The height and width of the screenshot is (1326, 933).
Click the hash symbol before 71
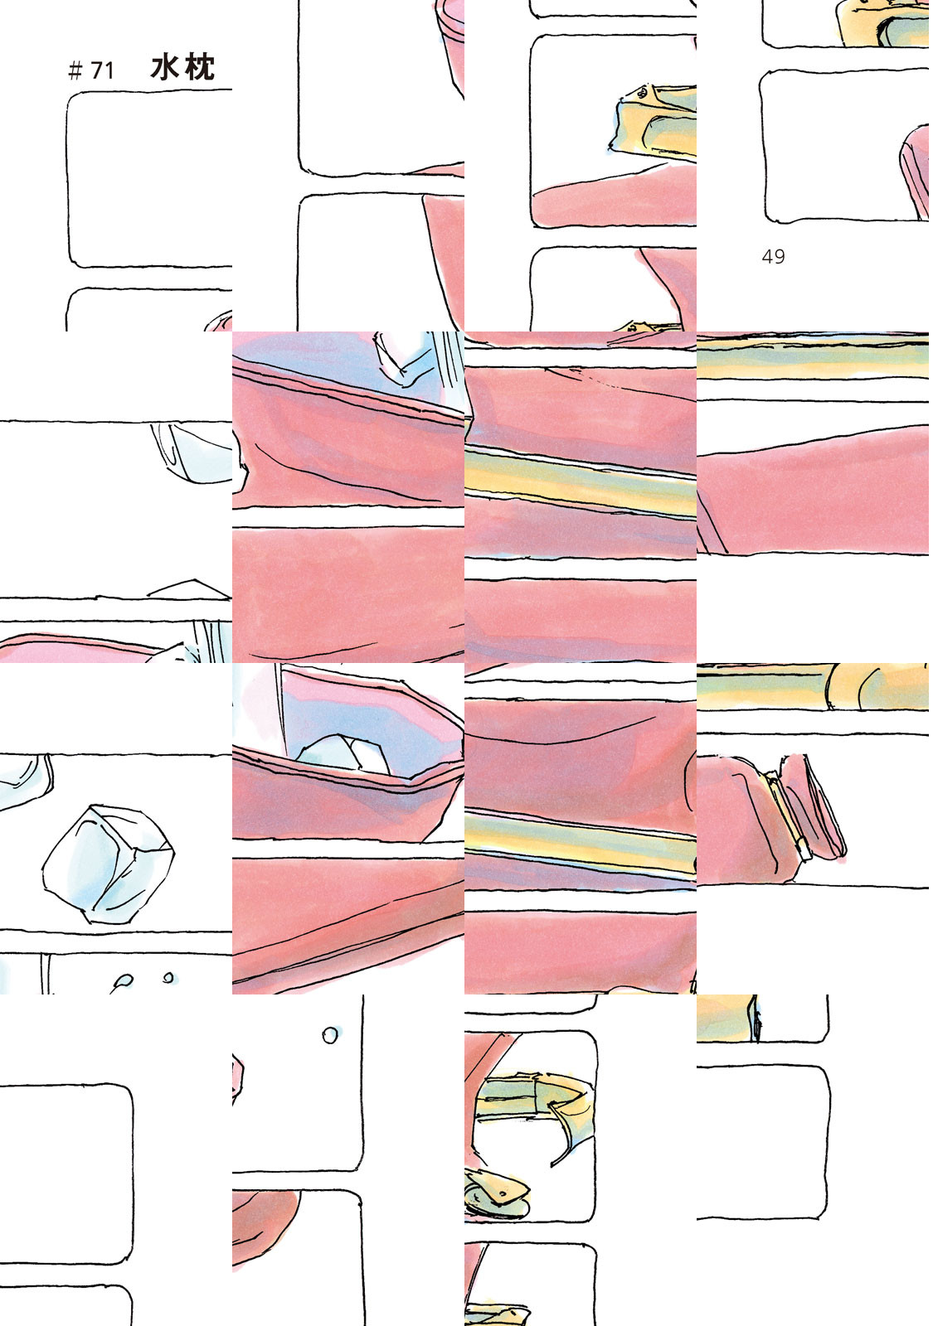click(75, 71)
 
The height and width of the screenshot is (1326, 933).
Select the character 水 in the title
click(165, 67)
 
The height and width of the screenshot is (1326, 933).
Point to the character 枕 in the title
click(199, 67)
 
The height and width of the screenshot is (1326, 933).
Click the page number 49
click(773, 256)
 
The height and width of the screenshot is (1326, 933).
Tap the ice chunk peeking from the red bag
click(342, 755)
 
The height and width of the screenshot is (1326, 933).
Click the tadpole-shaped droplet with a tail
click(122, 982)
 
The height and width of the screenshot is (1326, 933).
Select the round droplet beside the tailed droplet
click(168, 977)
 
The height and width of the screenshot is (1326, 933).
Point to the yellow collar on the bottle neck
click(785, 814)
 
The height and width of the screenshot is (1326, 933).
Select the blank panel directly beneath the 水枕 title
click(149, 178)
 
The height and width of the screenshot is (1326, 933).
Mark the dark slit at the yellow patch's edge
click(754, 1019)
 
